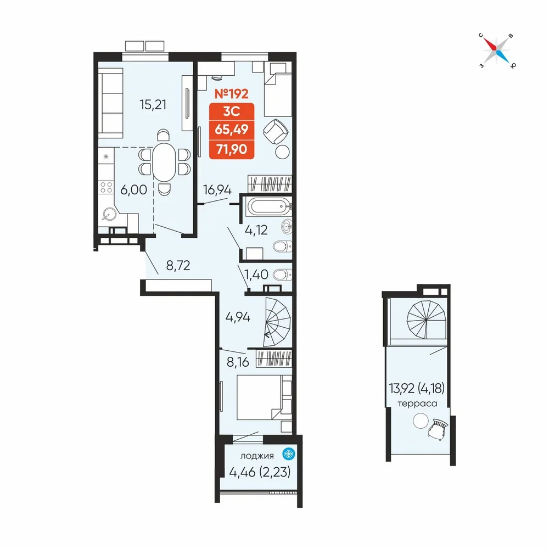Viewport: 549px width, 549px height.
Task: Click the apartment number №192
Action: click(x=232, y=93)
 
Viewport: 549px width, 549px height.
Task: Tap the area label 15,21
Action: click(x=153, y=104)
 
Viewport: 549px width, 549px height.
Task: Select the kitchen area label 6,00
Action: click(x=133, y=190)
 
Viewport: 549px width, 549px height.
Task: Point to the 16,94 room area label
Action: click(x=217, y=190)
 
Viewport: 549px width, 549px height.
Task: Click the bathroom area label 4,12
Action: click(x=256, y=230)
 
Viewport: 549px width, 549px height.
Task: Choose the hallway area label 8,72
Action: click(x=178, y=265)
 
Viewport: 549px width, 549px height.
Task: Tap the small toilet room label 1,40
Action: click(x=256, y=274)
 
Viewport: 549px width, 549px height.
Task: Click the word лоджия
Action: click(x=256, y=456)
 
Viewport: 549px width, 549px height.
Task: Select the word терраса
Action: click(x=417, y=404)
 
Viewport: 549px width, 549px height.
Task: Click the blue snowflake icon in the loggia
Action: click(x=289, y=454)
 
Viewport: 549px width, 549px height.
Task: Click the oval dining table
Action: click(x=164, y=162)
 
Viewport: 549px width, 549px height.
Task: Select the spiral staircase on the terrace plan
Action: click(x=427, y=320)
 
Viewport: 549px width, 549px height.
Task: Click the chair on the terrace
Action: click(x=438, y=428)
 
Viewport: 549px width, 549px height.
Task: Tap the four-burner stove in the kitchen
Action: click(x=106, y=187)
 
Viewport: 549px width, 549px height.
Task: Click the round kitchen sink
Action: click(x=110, y=214)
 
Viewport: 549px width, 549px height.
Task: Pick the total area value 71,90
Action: click(x=232, y=149)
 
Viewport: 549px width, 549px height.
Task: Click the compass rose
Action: click(x=497, y=51)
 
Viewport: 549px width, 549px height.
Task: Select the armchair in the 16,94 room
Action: click(x=276, y=131)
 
